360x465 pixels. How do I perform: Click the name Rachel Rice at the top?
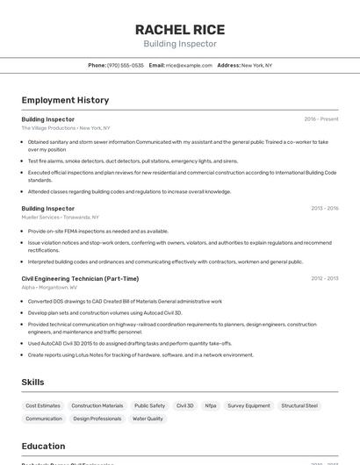coord(179,29)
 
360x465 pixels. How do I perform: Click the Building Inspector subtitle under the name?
coord(179,44)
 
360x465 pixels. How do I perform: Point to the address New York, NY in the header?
coord(256,65)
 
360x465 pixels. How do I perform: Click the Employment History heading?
coord(65,100)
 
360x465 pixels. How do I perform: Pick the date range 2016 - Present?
coord(320,119)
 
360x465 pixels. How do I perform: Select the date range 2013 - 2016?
coord(324,209)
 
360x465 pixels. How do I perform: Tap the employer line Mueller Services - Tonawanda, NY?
coord(60,218)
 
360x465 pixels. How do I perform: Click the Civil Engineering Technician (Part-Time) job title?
coord(80,279)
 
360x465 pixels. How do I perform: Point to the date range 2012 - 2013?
coord(324,279)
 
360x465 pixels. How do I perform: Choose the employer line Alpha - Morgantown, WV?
coord(49,288)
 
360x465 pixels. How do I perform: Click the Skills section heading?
coord(33,383)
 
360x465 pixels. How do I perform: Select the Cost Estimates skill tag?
coord(43,406)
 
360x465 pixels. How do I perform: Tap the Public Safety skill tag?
coord(149,406)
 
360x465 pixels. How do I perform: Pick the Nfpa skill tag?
coord(211,406)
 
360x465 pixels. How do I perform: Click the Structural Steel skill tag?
coord(299,406)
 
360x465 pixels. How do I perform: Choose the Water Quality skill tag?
coord(148,419)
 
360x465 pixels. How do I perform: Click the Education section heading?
coord(43,446)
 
